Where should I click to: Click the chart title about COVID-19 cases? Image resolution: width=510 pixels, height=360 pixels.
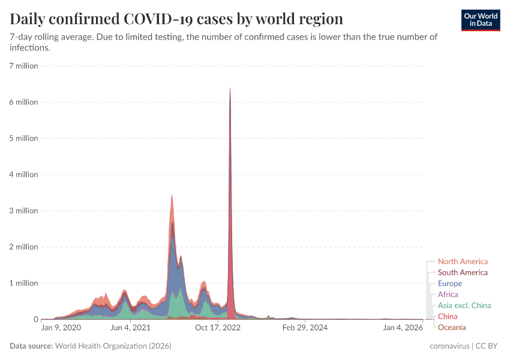click(x=176, y=19)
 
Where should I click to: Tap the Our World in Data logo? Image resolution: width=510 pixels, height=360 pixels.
click(x=481, y=20)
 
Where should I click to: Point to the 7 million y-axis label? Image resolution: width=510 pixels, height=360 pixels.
click(x=24, y=66)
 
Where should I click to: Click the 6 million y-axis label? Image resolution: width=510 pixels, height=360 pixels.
click(x=24, y=102)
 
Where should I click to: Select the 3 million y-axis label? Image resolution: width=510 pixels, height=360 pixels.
click(x=24, y=211)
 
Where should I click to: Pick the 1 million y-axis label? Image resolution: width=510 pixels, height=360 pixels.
click(x=24, y=283)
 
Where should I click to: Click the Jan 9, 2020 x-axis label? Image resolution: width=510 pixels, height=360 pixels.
click(x=61, y=328)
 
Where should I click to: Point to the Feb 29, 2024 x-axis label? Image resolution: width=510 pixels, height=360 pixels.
click(x=305, y=328)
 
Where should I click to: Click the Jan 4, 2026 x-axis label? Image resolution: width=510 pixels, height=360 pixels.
click(x=403, y=328)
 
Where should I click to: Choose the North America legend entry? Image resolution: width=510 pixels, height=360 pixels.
click(x=463, y=262)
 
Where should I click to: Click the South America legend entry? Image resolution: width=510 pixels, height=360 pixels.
click(x=463, y=272)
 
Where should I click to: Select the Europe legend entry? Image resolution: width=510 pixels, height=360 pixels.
click(x=450, y=283)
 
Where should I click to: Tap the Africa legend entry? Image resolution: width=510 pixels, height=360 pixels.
click(x=448, y=295)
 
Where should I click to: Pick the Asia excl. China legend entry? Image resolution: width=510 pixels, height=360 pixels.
click(x=464, y=305)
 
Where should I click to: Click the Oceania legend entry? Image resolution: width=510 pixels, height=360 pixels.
click(x=452, y=327)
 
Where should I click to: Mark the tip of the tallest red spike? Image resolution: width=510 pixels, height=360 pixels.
click(x=230, y=89)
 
